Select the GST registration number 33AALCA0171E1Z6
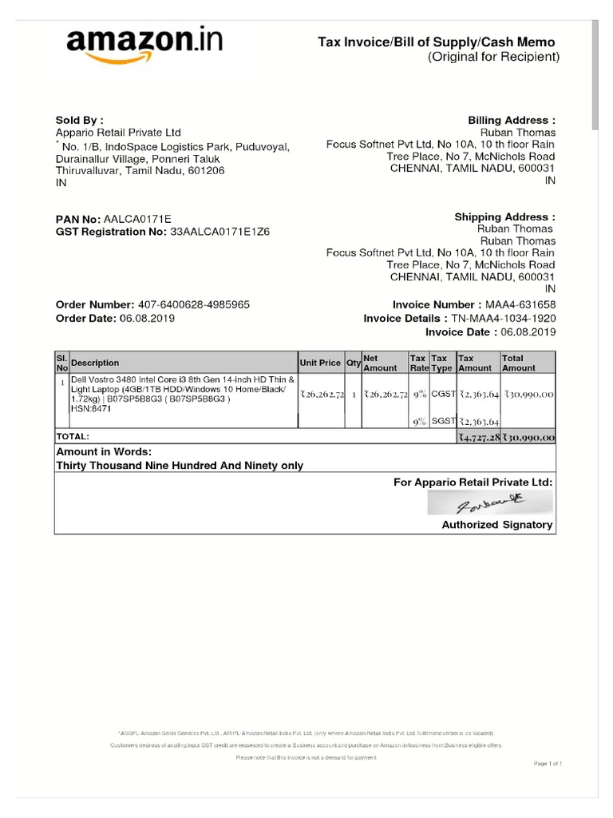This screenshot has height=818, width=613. (220, 232)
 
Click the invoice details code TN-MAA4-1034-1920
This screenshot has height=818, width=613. (504, 318)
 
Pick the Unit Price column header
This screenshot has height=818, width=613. (320, 363)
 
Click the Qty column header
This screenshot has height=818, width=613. (353, 363)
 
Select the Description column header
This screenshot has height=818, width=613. (95, 363)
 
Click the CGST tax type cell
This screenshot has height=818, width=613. (442, 393)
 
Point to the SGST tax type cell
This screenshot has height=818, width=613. (442, 420)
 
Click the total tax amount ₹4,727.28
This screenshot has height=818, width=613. (478, 437)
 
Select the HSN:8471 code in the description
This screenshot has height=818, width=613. (91, 408)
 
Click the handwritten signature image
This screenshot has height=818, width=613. (488, 503)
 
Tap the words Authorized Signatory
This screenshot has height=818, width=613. (496, 525)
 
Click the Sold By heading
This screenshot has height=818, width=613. (79, 120)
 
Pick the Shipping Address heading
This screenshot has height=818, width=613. (504, 216)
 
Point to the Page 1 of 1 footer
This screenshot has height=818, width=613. (548, 764)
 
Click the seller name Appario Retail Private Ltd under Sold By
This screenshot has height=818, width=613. (118, 133)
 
